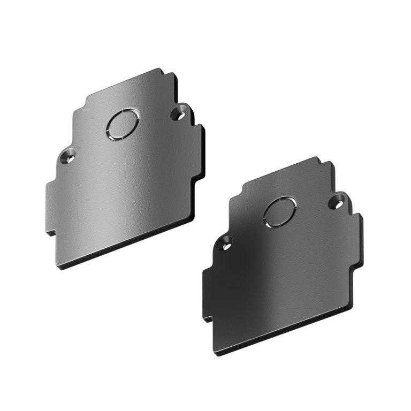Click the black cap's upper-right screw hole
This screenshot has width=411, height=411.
338,202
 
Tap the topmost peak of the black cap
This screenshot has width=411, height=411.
318,158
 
